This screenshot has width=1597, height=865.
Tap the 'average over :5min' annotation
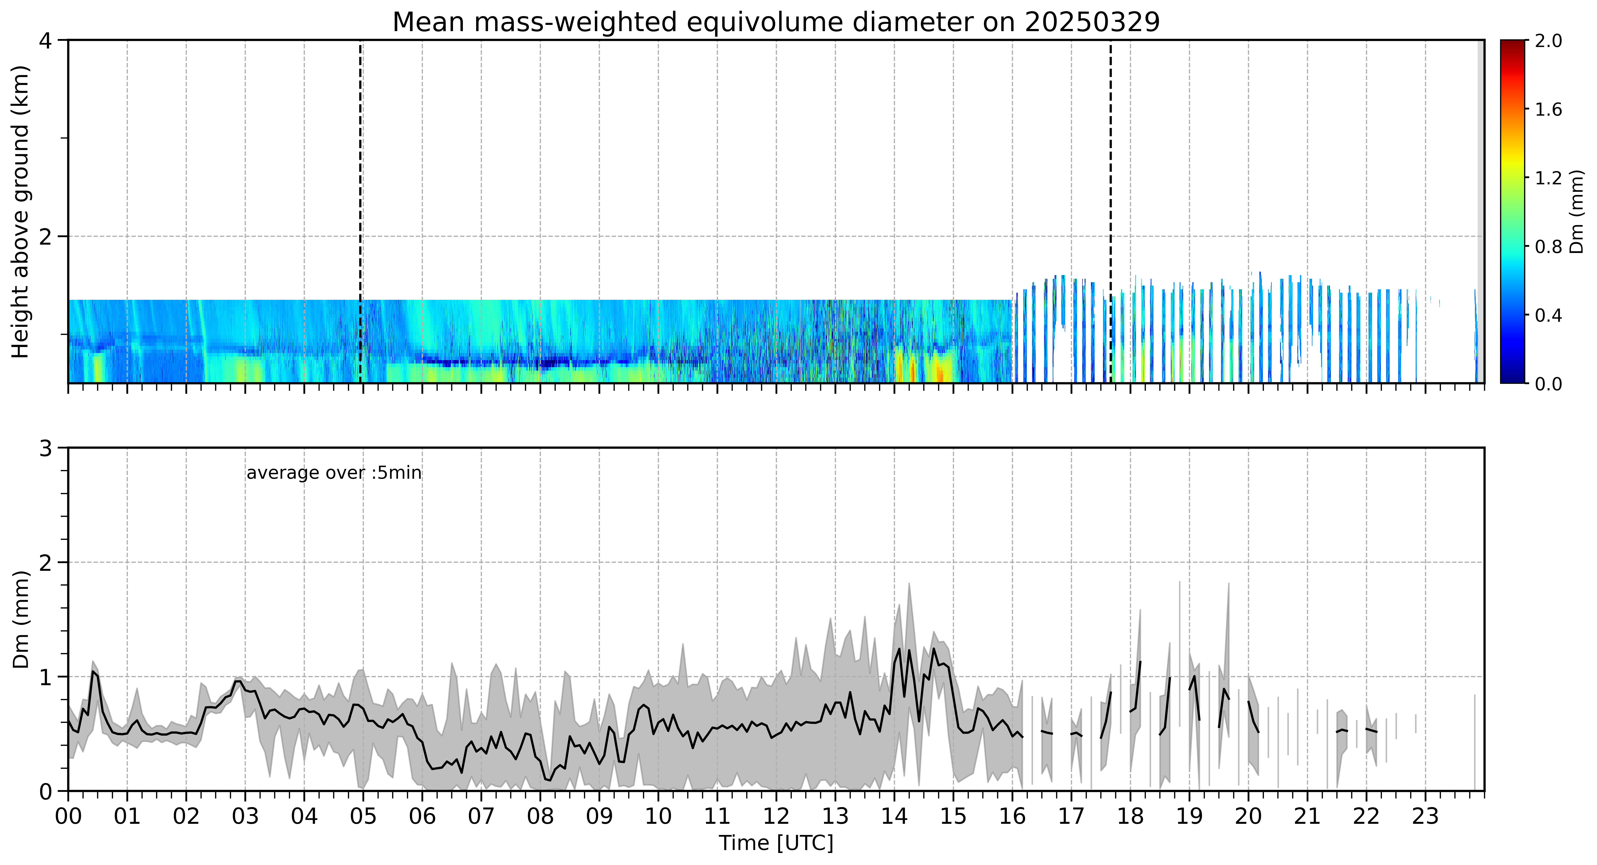pyautogui.click(x=333, y=473)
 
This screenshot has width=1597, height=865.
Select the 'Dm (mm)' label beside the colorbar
pyautogui.click(x=1577, y=211)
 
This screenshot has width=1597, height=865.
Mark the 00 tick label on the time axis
pyautogui.click(x=68, y=816)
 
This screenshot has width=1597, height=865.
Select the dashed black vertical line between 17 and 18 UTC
pyautogui.click(x=1110, y=211)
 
